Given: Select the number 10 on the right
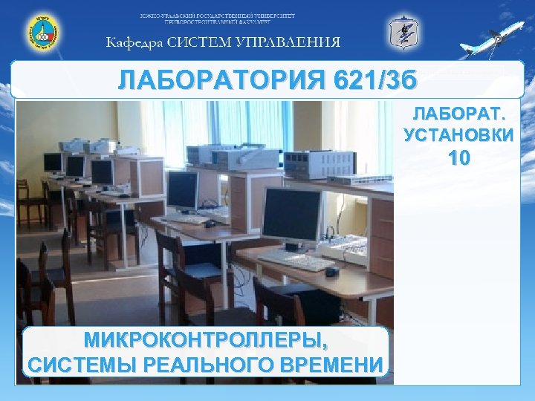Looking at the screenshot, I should tap(458, 157).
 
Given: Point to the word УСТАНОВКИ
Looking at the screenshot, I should tap(458, 135).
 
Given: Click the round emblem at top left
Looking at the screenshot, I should tap(42, 33).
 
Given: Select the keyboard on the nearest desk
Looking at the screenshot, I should tap(296, 259).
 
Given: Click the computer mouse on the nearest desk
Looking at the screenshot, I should tap(333, 271).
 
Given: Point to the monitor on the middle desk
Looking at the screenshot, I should tap(182, 190).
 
